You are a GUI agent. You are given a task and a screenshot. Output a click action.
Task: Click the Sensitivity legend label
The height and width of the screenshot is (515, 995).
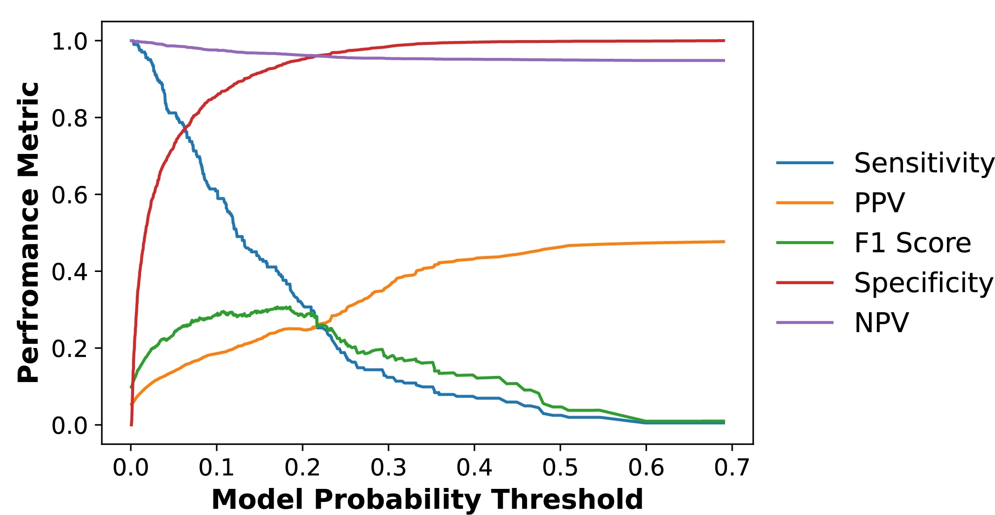click(924, 163)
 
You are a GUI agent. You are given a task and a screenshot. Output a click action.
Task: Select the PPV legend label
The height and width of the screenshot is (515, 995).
click(879, 203)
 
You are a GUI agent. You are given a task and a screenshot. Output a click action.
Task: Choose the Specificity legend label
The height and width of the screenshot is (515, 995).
click(923, 283)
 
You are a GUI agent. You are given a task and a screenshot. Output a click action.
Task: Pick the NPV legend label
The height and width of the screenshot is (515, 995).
click(881, 322)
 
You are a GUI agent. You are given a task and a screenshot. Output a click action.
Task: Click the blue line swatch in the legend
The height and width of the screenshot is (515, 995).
click(804, 163)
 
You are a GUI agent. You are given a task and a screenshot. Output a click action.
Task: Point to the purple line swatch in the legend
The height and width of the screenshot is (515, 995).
click(804, 322)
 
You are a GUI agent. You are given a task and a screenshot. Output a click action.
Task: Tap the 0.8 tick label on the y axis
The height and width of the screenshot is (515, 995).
click(70, 118)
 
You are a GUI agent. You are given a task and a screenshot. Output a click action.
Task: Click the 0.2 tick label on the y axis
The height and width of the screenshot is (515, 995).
click(70, 348)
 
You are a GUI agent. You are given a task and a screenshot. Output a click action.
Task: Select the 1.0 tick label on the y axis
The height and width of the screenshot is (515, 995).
click(70, 42)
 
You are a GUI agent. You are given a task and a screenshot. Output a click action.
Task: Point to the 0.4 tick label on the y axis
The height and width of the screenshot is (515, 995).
click(70, 272)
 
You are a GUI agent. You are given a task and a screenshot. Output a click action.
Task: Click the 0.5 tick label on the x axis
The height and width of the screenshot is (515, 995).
click(560, 467)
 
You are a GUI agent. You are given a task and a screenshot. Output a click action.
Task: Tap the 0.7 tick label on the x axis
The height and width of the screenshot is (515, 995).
click(732, 467)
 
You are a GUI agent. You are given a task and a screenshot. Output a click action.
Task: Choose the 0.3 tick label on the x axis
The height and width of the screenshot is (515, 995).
click(388, 467)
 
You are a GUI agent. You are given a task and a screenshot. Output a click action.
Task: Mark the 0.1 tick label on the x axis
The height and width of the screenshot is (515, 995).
click(216, 467)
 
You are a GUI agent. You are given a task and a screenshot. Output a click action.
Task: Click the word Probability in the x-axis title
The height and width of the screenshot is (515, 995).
click(397, 500)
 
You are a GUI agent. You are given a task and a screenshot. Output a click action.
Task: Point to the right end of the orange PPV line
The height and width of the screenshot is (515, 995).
click(723, 242)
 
